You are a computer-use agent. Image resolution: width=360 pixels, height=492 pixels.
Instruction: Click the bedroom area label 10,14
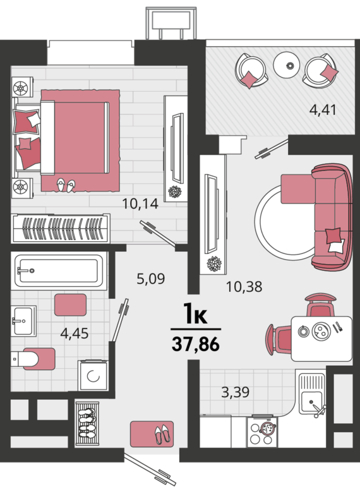pos(140,204)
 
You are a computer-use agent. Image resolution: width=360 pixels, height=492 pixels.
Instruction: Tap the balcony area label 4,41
pos(323,110)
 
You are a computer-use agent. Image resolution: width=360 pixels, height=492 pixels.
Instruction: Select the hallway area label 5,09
pos(151,279)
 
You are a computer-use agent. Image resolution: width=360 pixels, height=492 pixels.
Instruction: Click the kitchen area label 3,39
pos(236,392)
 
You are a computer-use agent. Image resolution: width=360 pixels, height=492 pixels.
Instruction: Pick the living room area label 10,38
pos(244,287)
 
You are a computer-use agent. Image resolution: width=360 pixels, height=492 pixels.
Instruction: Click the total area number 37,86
pos(196,344)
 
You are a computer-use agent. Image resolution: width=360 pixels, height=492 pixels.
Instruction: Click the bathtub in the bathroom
pos(59,271)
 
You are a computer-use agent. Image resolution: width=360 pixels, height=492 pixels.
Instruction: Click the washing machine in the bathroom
pos(93,376)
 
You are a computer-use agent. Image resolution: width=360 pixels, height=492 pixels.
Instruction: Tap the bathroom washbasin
pos(23,321)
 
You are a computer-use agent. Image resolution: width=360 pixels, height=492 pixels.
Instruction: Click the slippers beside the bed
pos(66,186)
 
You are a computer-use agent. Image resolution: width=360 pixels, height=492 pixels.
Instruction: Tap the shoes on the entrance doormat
pos(163,435)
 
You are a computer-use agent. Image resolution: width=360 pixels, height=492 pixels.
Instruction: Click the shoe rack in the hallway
pos(87,423)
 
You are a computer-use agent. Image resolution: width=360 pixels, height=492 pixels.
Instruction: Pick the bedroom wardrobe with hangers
pos(61,229)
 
